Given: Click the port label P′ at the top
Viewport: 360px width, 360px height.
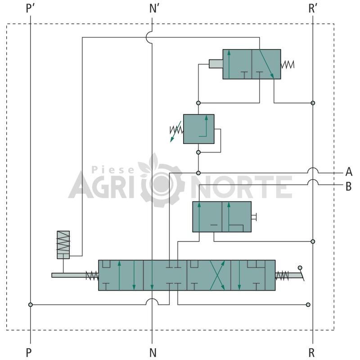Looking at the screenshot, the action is tap(30, 9).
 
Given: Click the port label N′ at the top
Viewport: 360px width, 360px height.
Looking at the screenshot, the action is tap(154, 9).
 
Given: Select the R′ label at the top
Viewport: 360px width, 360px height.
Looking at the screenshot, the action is tap(313, 9).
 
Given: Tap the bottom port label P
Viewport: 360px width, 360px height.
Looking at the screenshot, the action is tap(29, 352).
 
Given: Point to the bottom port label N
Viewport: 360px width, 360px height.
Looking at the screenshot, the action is tap(153, 352).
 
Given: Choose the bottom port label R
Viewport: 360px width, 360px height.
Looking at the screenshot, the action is tap(311, 352).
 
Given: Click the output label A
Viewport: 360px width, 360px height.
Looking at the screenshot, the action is tap(349, 171).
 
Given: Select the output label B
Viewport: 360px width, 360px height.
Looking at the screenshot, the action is tap(348, 186).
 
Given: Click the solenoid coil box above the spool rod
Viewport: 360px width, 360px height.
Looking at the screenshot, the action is tap(63, 245).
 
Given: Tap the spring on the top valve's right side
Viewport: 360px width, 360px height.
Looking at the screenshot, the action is tap(288, 64).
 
